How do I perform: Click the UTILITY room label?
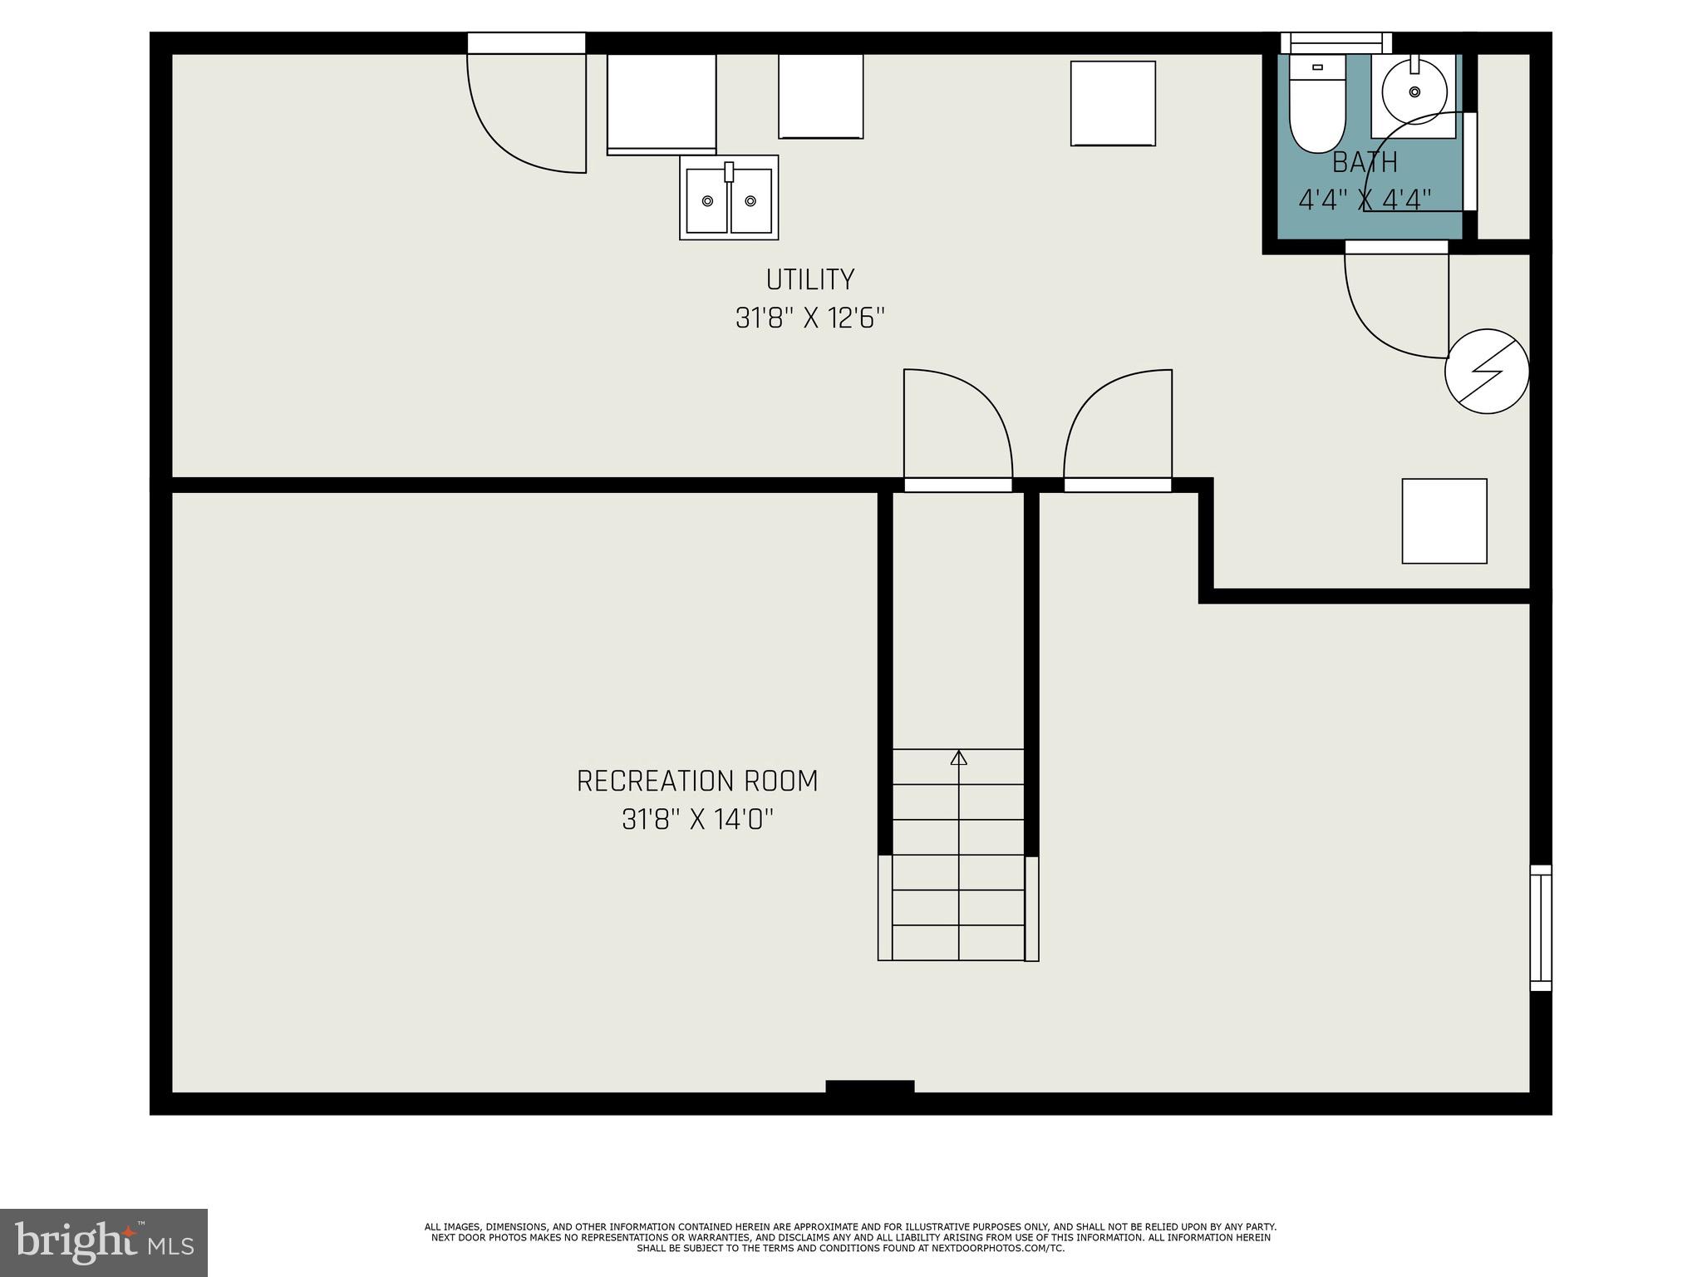[x=809, y=279]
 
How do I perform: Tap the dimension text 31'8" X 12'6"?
[x=809, y=318]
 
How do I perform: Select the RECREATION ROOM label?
[x=697, y=781]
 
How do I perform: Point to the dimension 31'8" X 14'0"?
[x=697, y=821]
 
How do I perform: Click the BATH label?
[x=1365, y=162]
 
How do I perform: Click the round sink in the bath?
[x=1414, y=91]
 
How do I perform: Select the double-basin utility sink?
[x=729, y=198]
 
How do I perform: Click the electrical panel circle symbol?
[x=1487, y=372]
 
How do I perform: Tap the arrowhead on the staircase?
[x=959, y=757]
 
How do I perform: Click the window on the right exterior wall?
[x=1541, y=927]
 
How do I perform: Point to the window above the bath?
[x=1336, y=42]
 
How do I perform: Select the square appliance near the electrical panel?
[x=1444, y=521]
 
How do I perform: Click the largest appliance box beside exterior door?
[x=662, y=104]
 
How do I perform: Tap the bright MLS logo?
[x=104, y=1242]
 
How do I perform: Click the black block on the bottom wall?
[x=869, y=1087]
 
